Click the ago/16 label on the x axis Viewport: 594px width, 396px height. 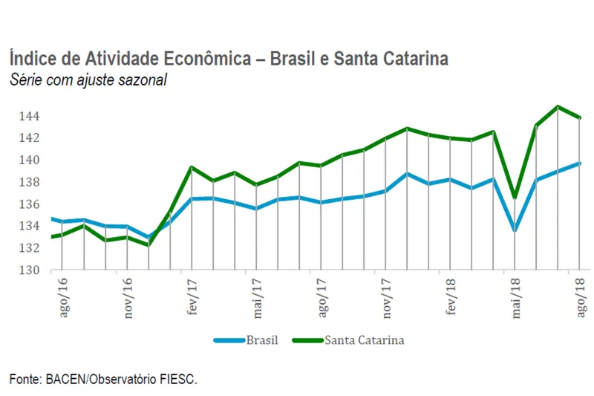point(62,297)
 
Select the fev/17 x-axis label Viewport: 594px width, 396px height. point(192,297)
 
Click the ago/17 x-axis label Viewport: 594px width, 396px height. point(322,297)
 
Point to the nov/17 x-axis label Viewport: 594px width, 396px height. point(387,297)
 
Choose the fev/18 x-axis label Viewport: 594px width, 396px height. point(451,297)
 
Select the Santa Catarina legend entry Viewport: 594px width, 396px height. point(364,340)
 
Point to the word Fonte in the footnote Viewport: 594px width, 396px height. point(25,380)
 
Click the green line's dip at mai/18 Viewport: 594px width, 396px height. point(515,198)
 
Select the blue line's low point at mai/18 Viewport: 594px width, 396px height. point(515,230)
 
